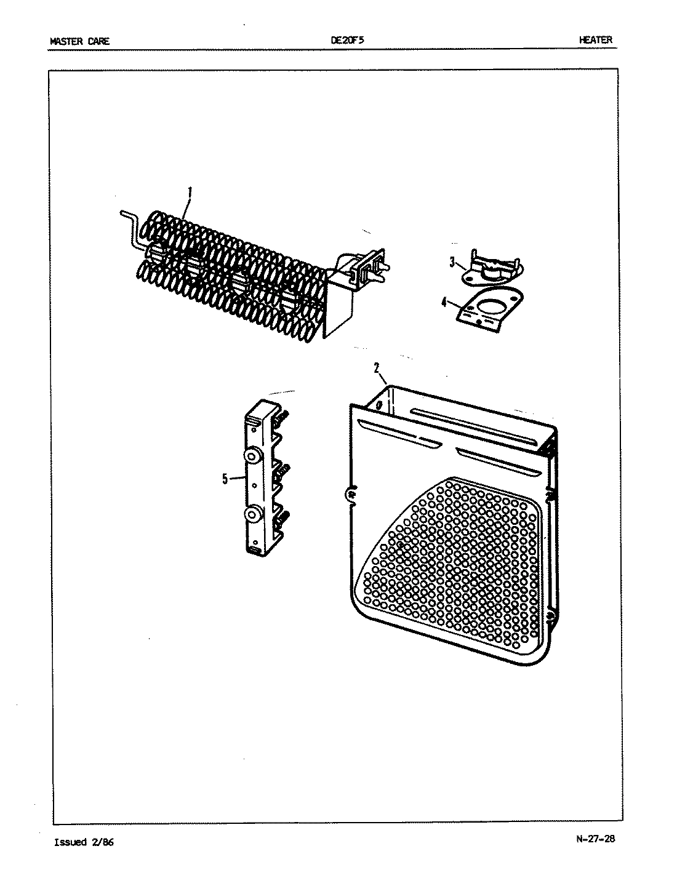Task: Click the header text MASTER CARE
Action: pos(79,41)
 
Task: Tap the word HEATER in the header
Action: pos(595,40)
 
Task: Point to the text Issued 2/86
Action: pos(84,842)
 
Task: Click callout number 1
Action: pos(189,192)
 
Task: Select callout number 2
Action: pos(376,368)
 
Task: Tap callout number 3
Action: pos(452,263)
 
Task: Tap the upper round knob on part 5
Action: pos(252,456)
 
